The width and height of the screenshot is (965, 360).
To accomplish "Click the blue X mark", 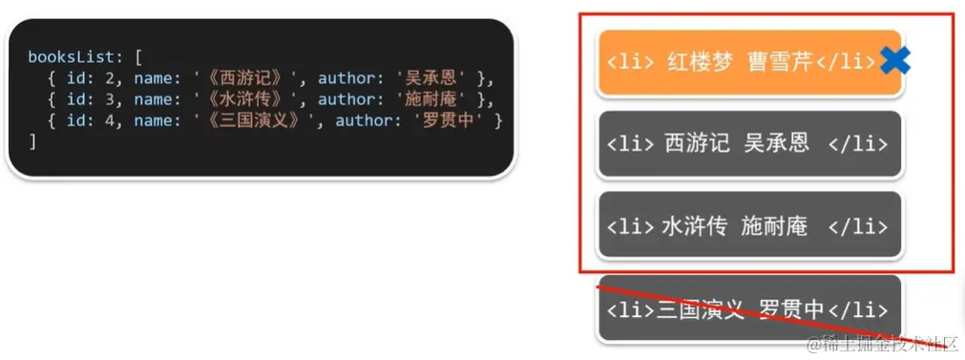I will [895, 61].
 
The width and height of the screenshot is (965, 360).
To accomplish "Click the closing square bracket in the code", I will [32, 141].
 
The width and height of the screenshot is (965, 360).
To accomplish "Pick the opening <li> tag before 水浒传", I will [630, 226].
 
